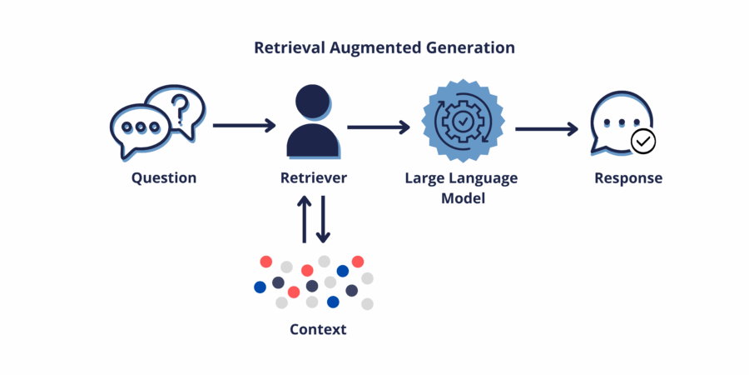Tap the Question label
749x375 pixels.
pyautogui.click(x=164, y=178)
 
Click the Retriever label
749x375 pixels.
pyautogui.click(x=314, y=178)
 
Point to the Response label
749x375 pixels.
pyautogui.click(x=628, y=178)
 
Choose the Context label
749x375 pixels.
pyautogui.click(x=318, y=329)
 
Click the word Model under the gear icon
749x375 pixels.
pyautogui.click(x=463, y=198)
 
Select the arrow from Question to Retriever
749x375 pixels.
pyautogui.click(x=244, y=125)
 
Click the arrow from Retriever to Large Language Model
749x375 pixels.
pyautogui.click(x=379, y=127)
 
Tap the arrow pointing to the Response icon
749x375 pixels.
pyautogui.click(x=547, y=128)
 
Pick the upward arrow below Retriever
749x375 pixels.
pyautogui.click(x=305, y=219)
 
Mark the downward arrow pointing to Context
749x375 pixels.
pyautogui.click(x=324, y=219)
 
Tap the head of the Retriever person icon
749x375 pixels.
pyautogui.click(x=313, y=102)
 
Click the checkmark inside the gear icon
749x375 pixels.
pyautogui.click(x=463, y=122)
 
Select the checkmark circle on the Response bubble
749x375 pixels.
pyautogui.click(x=643, y=141)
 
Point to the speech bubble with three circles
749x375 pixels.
pyautogui.click(x=140, y=129)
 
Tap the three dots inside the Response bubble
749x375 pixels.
pyautogui.click(x=622, y=122)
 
